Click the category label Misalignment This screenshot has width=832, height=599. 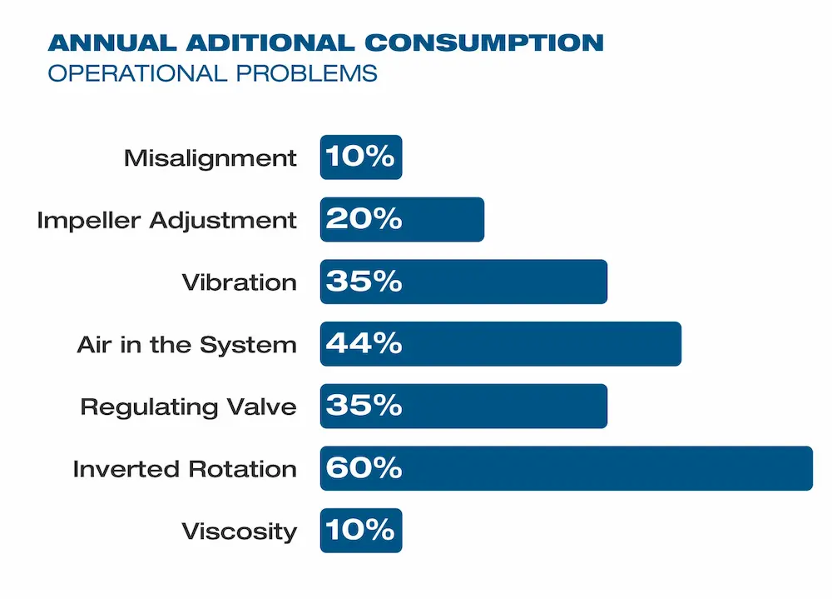pyautogui.click(x=210, y=157)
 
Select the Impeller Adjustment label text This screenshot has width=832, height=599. pyautogui.click(x=166, y=220)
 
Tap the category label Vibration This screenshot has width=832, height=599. pyautogui.click(x=239, y=282)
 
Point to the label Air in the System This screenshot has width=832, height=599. pyautogui.click(x=186, y=345)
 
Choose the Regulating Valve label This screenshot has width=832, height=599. pyautogui.click(x=188, y=407)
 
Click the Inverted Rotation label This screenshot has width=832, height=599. pyautogui.click(x=184, y=469)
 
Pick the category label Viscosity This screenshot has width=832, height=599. pyautogui.click(x=238, y=532)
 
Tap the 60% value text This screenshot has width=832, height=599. pyautogui.click(x=364, y=468)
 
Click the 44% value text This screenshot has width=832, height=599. pyautogui.click(x=364, y=344)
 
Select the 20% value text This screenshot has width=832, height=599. pyautogui.click(x=364, y=219)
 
